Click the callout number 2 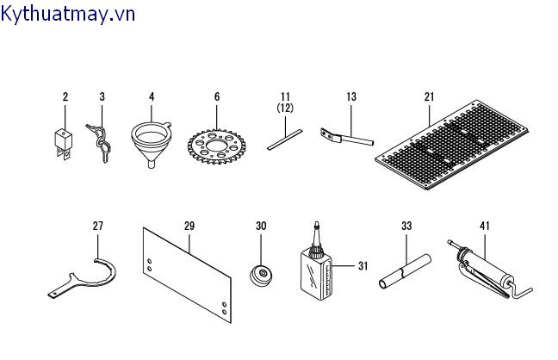pyautogui.click(x=65, y=96)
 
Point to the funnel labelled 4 pyautogui.click(x=151, y=142)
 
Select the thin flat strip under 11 pyautogui.click(x=284, y=140)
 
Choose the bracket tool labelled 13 pyautogui.click(x=345, y=136)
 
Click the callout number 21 pyautogui.click(x=429, y=96)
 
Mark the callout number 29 pyautogui.click(x=189, y=226)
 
